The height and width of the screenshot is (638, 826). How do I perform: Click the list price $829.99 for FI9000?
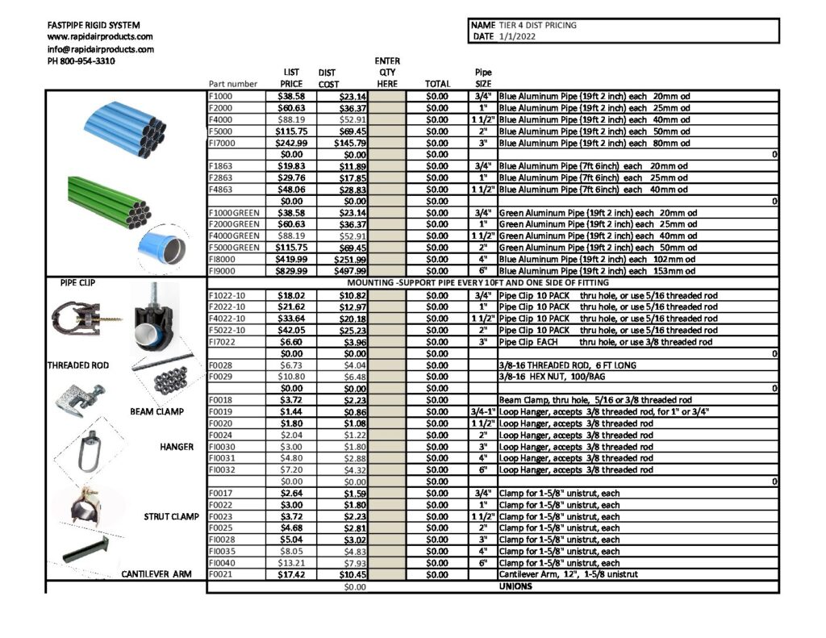(x=291, y=271)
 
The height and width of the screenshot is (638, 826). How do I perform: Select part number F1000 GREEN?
(x=234, y=213)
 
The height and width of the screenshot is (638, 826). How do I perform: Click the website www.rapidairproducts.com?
(x=100, y=37)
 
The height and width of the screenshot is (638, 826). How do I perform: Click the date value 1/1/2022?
(x=518, y=36)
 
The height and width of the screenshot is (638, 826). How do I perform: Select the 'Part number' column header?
(x=233, y=84)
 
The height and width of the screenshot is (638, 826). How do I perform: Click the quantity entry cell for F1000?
(x=388, y=96)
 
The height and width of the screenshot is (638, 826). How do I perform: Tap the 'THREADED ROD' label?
(x=78, y=365)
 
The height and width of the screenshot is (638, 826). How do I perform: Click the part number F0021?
(x=220, y=574)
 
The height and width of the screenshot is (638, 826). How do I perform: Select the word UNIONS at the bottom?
(x=515, y=586)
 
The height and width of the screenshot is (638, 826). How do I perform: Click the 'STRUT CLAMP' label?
(x=171, y=516)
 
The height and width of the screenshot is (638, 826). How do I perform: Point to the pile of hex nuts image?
(x=171, y=379)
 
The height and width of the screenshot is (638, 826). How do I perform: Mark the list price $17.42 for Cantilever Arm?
(x=291, y=574)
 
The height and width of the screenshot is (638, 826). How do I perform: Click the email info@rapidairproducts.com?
(x=100, y=49)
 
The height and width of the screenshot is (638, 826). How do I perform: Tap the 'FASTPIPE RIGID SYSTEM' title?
(x=94, y=25)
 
